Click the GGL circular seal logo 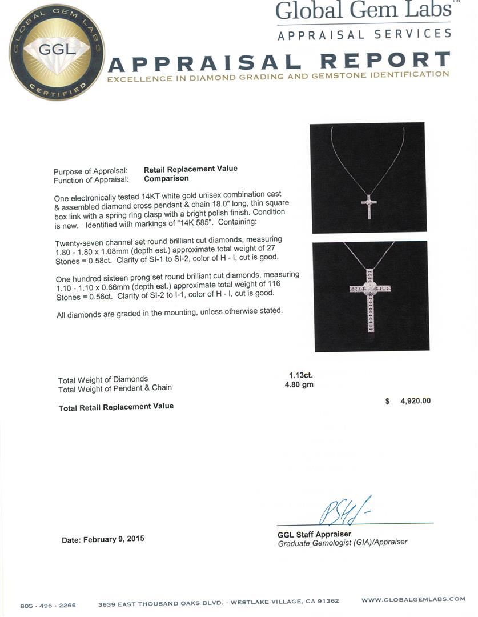click(x=57, y=52)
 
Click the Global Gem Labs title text click(x=363, y=11)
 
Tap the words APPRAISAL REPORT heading click(x=279, y=61)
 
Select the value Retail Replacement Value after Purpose click(x=190, y=169)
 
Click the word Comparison click(x=166, y=178)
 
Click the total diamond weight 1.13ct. click(x=300, y=375)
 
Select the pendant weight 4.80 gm click(x=299, y=384)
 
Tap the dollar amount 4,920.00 click(x=415, y=401)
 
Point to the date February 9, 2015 click(x=103, y=539)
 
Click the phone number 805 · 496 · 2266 click(x=48, y=606)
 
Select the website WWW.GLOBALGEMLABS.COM click(x=413, y=599)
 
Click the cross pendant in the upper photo click(x=369, y=206)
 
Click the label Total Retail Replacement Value click(x=116, y=407)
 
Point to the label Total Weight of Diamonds click(x=103, y=379)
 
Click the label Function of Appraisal click(x=90, y=180)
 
